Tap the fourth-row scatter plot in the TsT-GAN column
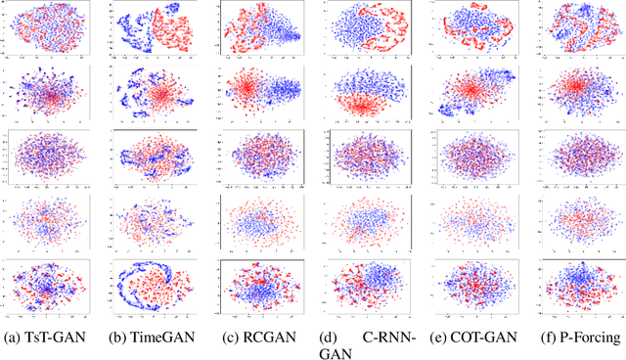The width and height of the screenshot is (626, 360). coord(49,221)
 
